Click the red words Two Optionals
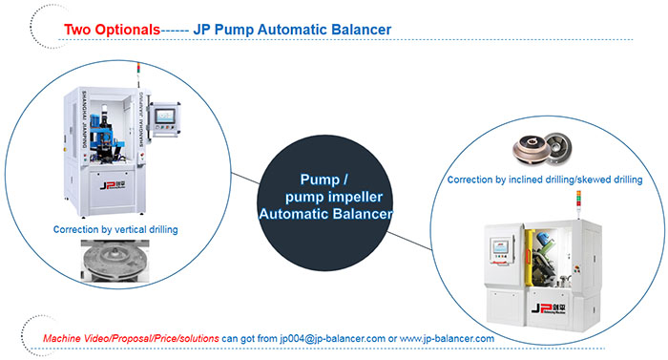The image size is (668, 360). coord(112,30)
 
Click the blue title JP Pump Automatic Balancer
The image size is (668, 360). coord(292,30)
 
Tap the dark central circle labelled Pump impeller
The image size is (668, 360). coord(325,202)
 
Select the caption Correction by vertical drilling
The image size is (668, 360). coord(115,229)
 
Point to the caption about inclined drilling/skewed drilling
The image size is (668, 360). coord(545,180)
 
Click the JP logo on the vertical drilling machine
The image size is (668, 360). coord(113,185)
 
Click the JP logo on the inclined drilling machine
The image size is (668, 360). coord(549,308)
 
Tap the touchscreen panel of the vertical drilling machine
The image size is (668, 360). coord(164,116)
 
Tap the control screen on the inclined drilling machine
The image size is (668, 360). coord(501,247)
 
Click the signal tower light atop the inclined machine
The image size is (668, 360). coord(578,205)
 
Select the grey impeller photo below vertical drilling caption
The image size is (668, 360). coord(115,261)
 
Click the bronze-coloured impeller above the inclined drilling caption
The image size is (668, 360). coord(529,150)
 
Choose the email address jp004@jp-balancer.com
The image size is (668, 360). coord(333,339)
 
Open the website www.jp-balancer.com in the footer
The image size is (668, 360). coord(447,339)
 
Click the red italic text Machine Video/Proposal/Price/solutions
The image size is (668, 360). coord(132,339)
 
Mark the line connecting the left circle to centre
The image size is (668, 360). coord(245,179)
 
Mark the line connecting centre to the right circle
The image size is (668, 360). coord(410,241)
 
